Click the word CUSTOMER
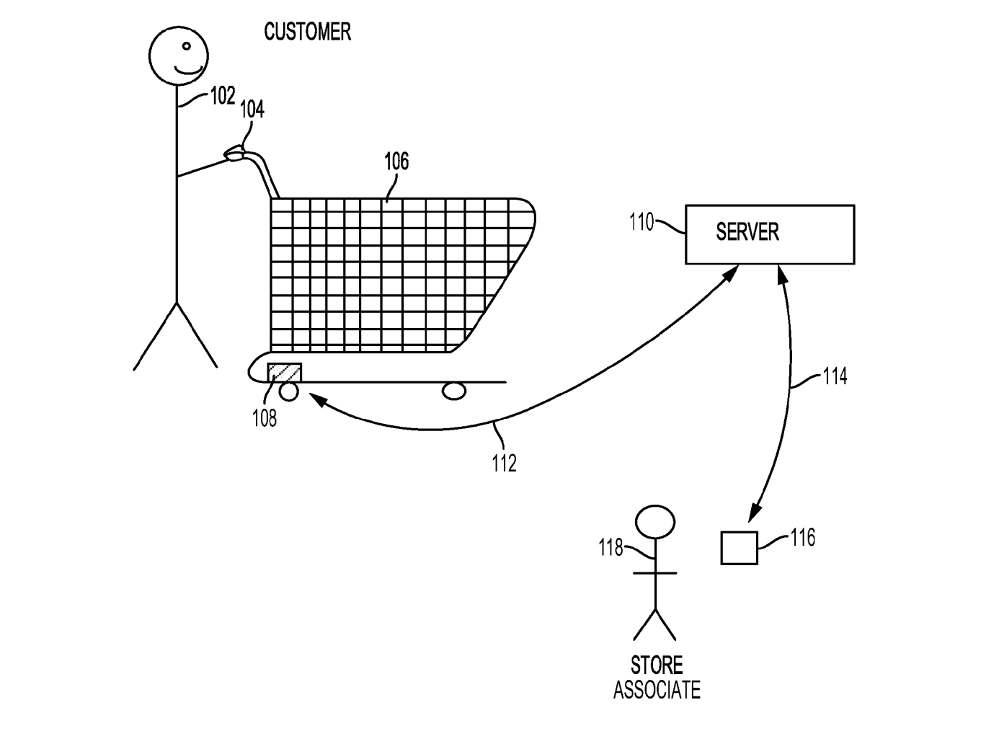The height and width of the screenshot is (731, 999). click(307, 32)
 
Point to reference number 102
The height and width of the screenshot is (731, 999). click(223, 96)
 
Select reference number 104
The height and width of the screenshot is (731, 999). click(252, 110)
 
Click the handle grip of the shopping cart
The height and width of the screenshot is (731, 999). click(235, 153)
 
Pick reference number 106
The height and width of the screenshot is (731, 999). click(396, 161)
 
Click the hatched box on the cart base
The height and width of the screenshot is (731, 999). click(284, 373)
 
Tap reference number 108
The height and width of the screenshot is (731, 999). click(265, 418)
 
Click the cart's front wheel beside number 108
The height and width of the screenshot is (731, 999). click(289, 391)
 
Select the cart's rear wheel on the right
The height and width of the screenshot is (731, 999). click(454, 391)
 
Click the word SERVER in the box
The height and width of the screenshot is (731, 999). click(747, 232)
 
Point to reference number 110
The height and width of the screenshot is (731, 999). click(641, 222)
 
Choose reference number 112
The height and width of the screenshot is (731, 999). click(505, 463)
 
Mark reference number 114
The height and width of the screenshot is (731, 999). click(835, 376)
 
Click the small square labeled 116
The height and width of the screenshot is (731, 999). click(739, 548)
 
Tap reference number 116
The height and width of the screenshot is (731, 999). click(802, 537)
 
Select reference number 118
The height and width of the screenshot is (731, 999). click(610, 549)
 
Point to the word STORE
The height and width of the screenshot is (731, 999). click(657, 665)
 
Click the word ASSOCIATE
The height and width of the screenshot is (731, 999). click(657, 690)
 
